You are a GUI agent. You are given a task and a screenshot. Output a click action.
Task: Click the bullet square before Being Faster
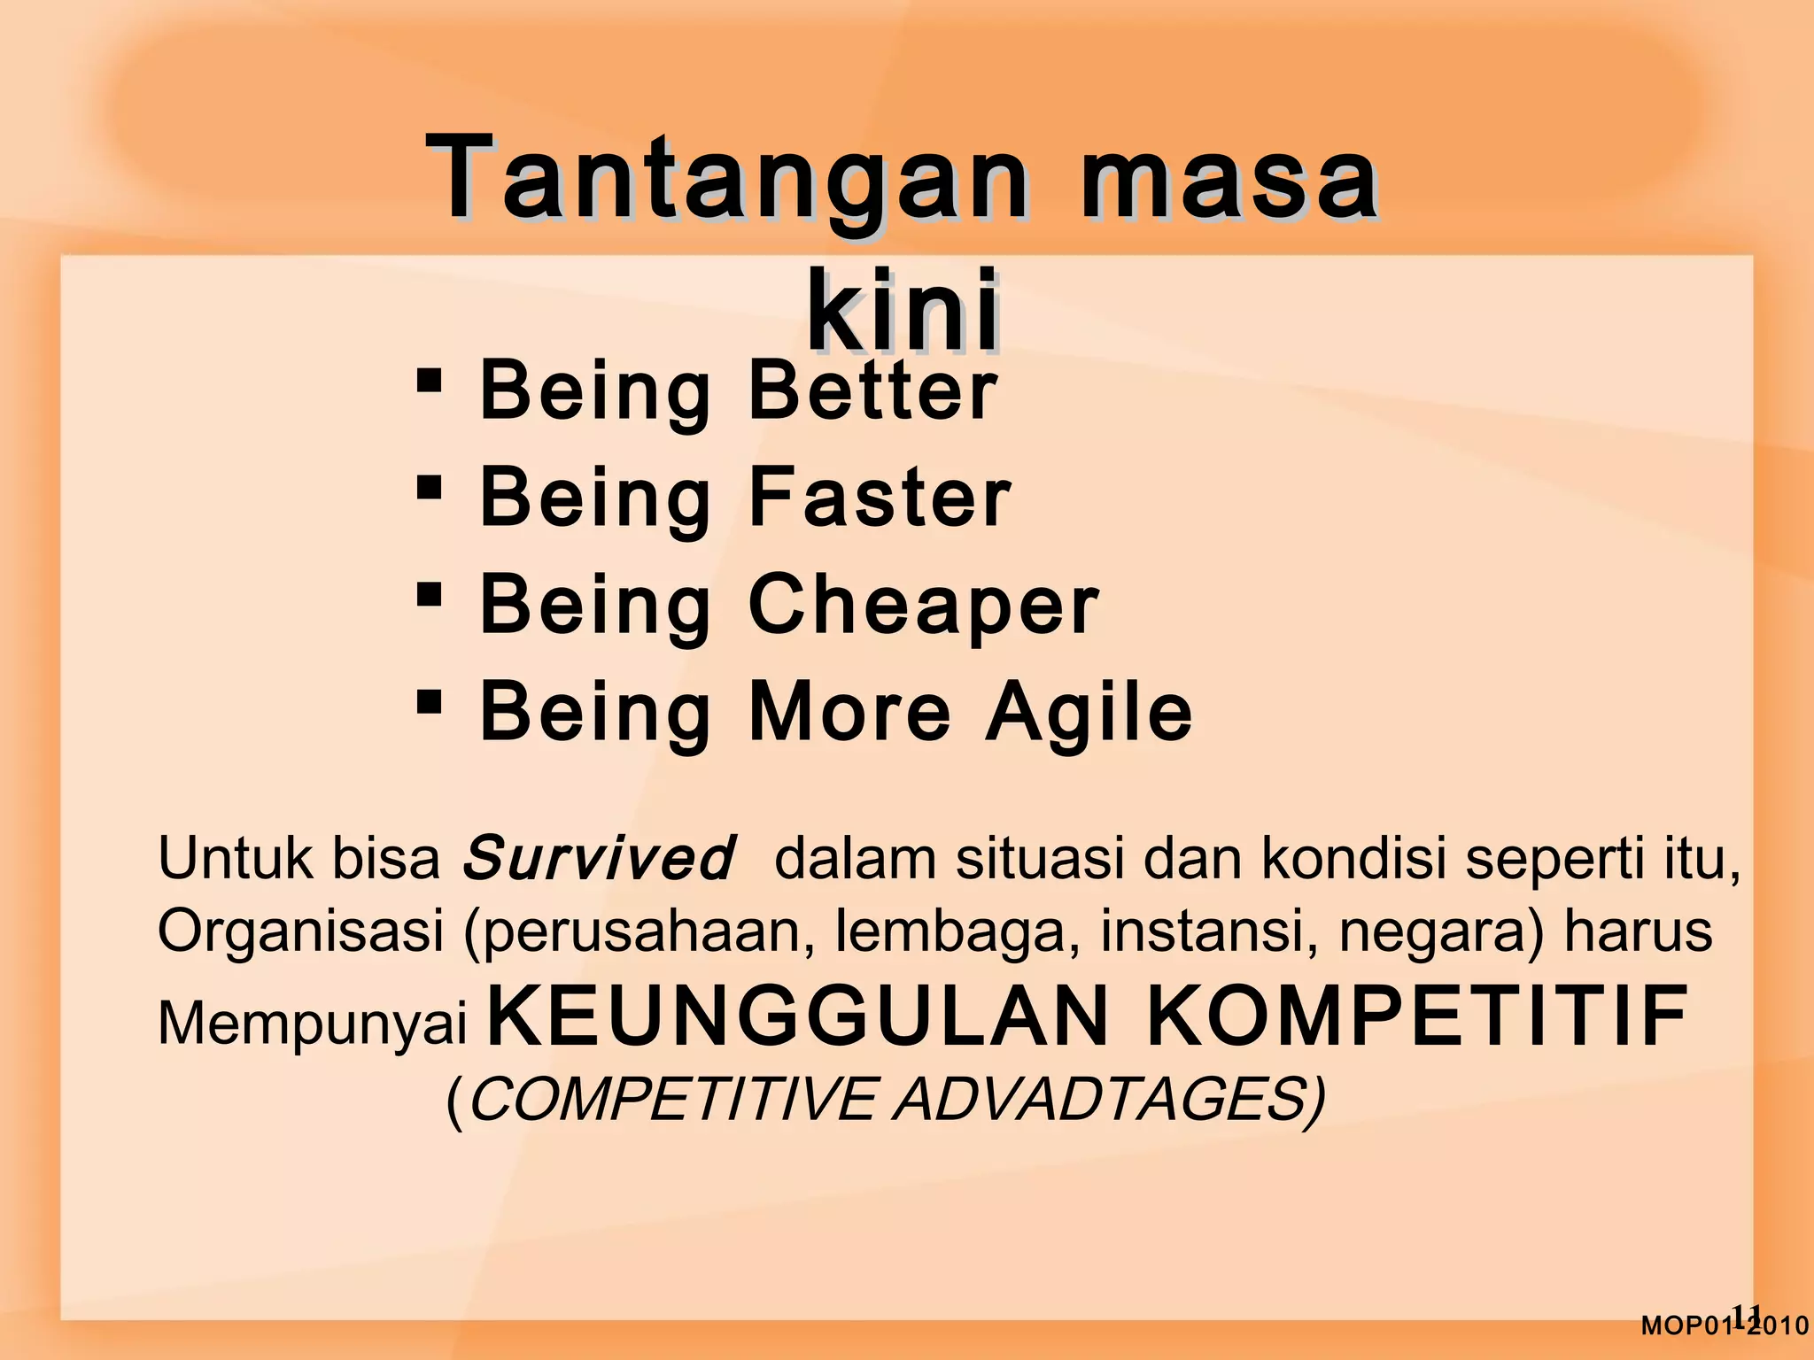coord(429,487)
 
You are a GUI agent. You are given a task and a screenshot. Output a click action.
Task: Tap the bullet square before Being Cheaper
coord(429,594)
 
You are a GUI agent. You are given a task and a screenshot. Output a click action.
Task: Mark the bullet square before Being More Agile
coord(429,702)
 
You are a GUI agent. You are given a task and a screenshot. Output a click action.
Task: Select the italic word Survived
coord(599,858)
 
